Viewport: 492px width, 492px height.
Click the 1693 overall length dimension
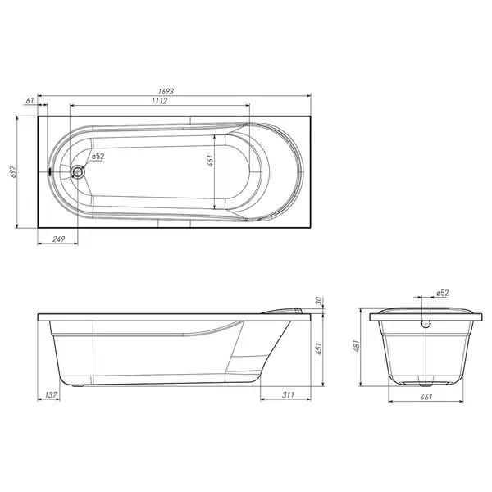click(166, 91)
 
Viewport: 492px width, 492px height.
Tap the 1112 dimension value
click(159, 101)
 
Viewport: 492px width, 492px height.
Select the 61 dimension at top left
click(30, 101)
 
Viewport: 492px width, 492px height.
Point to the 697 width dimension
click(13, 171)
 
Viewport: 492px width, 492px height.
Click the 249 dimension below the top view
click(59, 239)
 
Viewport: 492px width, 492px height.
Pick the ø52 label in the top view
click(98, 156)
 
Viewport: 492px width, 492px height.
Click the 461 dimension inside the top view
click(211, 161)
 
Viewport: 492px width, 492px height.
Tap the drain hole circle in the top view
click(78, 171)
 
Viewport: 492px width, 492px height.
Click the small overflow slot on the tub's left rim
click(50, 171)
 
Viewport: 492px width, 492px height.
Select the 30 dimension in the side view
click(319, 301)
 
